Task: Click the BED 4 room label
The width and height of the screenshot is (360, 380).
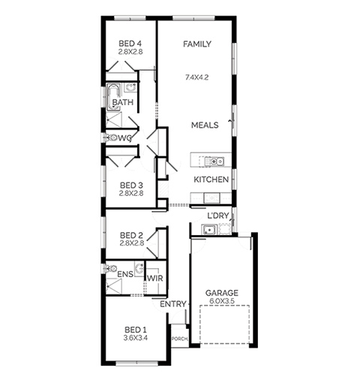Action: click(130, 44)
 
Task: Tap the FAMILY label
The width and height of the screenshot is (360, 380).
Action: click(197, 44)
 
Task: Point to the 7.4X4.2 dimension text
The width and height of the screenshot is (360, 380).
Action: click(196, 77)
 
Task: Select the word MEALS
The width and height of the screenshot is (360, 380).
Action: click(205, 125)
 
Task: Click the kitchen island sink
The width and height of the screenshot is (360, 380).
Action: click(214, 161)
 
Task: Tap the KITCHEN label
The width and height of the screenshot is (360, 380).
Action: click(211, 179)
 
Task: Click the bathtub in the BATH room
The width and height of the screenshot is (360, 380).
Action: click(113, 97)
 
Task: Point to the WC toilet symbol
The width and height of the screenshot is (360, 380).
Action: click(111, 137)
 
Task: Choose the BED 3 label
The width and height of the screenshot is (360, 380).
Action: click(131, 185)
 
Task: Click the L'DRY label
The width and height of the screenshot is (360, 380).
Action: click(218, 216)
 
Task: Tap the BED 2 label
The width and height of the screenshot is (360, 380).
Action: click(131, 235)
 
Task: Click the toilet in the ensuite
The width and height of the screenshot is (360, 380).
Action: click(111, 269)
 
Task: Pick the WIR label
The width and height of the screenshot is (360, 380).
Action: click(155, 279)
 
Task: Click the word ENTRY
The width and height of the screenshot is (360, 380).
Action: click(173, 304)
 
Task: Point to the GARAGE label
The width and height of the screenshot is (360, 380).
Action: click(221, 293)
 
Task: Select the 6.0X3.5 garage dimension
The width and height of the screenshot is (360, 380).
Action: click(221, 301)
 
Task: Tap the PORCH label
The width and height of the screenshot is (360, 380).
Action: click(180, 339)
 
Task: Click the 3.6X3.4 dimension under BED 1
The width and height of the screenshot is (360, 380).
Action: click(136, 338)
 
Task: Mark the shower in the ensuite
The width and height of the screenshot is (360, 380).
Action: click(114, 286)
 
